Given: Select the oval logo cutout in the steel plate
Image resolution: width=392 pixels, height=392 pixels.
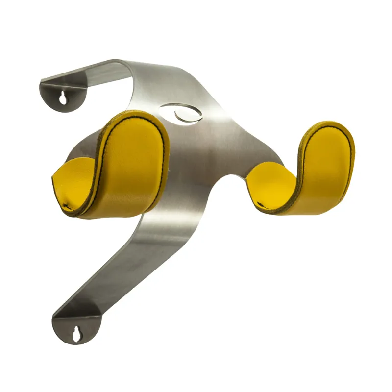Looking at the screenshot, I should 180,112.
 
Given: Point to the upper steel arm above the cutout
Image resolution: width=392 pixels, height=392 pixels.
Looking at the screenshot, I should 122,73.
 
